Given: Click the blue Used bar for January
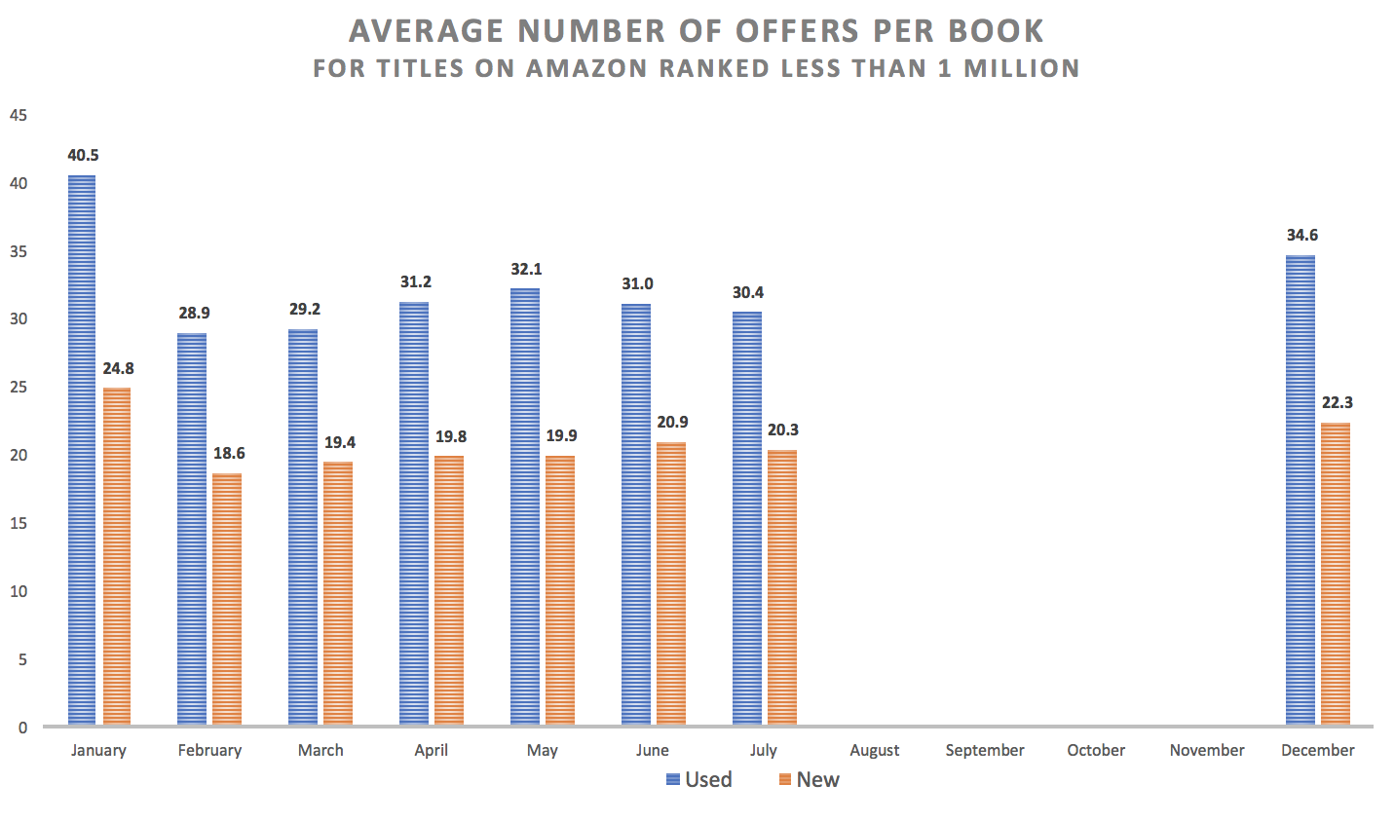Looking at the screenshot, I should click(82, 450).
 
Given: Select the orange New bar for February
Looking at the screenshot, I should click(227, 599).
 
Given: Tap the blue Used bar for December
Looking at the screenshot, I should click(1300, 491).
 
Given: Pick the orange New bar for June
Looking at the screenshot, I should click(671, 584).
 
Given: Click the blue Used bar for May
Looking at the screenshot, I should click(525, 506).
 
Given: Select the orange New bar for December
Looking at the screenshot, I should click(1336, 574).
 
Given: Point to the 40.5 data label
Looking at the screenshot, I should click(83, 155).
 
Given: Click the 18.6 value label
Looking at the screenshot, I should click(229, 454).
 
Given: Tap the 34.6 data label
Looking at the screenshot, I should click(1302, 235).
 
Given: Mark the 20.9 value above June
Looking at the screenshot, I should click(672, 422).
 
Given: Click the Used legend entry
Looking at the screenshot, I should click(698, 779).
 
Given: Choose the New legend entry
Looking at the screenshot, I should click(809, 779).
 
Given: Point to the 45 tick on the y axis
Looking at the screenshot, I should click(18, 115).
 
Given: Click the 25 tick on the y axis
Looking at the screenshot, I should click(18, 388).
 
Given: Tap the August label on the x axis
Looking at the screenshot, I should click(874, 750).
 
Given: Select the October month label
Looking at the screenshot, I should click(1096, 750).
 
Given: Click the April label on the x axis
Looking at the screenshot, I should click(432, 750).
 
